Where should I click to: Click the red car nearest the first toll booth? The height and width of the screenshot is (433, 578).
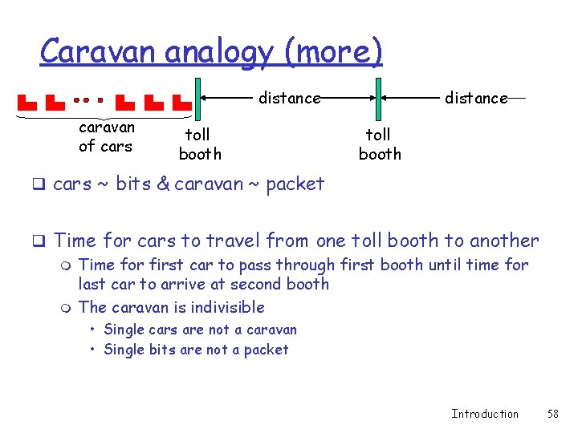(182, 103)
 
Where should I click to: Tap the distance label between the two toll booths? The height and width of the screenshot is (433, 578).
(289, 98)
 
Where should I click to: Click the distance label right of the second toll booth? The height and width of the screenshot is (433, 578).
(476, 98)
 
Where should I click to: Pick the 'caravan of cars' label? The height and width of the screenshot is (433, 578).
(106, 136)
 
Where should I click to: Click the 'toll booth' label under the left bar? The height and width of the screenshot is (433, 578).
(199, 144)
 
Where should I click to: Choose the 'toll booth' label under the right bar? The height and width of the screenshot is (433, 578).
(379, 144)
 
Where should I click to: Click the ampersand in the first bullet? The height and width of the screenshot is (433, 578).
(163, 184)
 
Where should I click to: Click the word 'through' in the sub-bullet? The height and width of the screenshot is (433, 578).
(304, 265)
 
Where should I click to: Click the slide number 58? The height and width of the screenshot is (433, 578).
(552, 414)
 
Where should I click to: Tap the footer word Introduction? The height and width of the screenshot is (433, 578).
(485, 414)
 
